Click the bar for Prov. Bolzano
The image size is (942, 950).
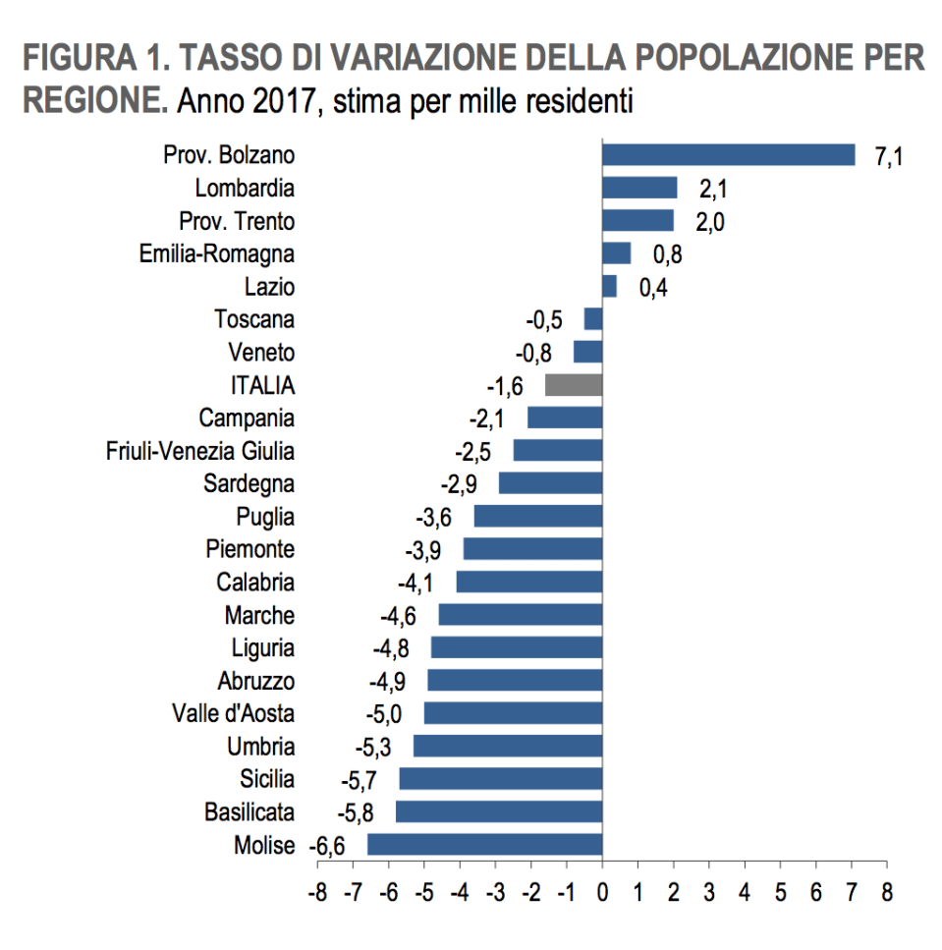(728, 154)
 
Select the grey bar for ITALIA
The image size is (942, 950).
(574, 384)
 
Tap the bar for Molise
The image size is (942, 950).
(484, 845)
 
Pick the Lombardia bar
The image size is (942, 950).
(639, 188)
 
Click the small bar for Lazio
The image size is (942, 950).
(609, 286)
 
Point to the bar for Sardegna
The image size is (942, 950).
(550, 483)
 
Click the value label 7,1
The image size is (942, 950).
(888, 157)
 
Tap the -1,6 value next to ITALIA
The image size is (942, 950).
(508, 386)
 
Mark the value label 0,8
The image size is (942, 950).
(666, 255)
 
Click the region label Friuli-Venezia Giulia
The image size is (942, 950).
(200, 451)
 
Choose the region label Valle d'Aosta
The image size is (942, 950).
(233, 714)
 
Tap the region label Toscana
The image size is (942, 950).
(254, 319)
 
